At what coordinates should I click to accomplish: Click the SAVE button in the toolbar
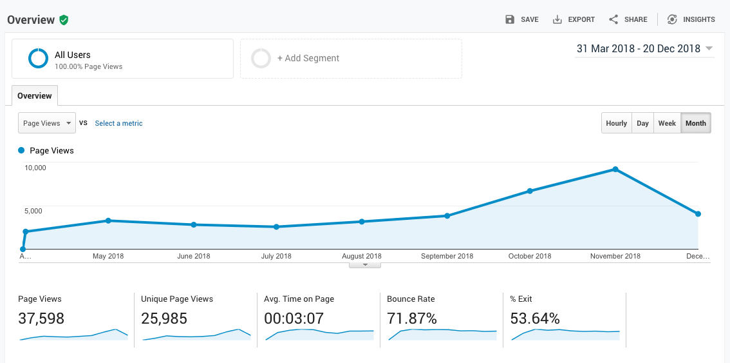click(522, 19)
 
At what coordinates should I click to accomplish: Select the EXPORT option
click(574, 19)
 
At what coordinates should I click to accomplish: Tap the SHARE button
click(628, 19)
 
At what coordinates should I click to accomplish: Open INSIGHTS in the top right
click(691, 19)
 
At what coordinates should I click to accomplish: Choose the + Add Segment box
click(351, 59)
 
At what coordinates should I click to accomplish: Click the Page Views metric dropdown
click(47, 123)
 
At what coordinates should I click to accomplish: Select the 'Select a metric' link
click(118, 123)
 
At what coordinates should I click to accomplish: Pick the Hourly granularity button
click(616, 123)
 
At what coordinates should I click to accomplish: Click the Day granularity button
click(642, 123)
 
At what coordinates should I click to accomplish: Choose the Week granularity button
click(667, 123)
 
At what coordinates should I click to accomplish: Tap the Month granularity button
click(695, 123)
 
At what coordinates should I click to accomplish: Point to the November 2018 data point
click(615, 170)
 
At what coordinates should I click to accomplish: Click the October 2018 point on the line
click(530, 191)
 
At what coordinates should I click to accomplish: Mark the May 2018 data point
click(108, 221)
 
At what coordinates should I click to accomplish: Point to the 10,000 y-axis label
click(35, 168)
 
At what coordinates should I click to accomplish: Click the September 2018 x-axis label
click(447, 256)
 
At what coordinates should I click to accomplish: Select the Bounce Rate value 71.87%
click(412, 319)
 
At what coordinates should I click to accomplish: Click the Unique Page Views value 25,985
click(164, 319)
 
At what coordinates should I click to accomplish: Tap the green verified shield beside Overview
click(64, 20)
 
